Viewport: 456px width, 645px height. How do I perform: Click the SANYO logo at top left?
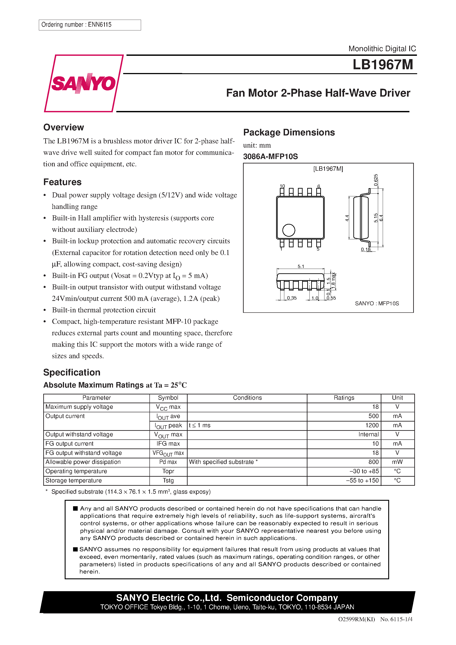(83, 83)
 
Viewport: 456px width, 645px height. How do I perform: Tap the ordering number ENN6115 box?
(89, 25)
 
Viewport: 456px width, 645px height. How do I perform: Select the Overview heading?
(64, 127)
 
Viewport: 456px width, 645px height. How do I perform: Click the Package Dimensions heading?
(289, 132)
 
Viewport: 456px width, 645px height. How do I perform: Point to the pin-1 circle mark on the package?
(288, 230)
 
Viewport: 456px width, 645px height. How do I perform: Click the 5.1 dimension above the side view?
(301, 266)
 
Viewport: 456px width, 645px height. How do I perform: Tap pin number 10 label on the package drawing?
(282, 186)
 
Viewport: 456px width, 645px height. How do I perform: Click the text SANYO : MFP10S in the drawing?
(377, 303)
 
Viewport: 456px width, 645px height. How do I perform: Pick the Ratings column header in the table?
(344, 398)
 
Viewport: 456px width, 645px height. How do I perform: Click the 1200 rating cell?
(372, 425)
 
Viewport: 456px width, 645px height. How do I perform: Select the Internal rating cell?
(368, 434)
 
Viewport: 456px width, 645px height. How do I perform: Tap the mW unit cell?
(397, 462)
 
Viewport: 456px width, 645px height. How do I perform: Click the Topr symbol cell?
(168, 471)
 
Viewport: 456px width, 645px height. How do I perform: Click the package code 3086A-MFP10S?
(270, 156)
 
